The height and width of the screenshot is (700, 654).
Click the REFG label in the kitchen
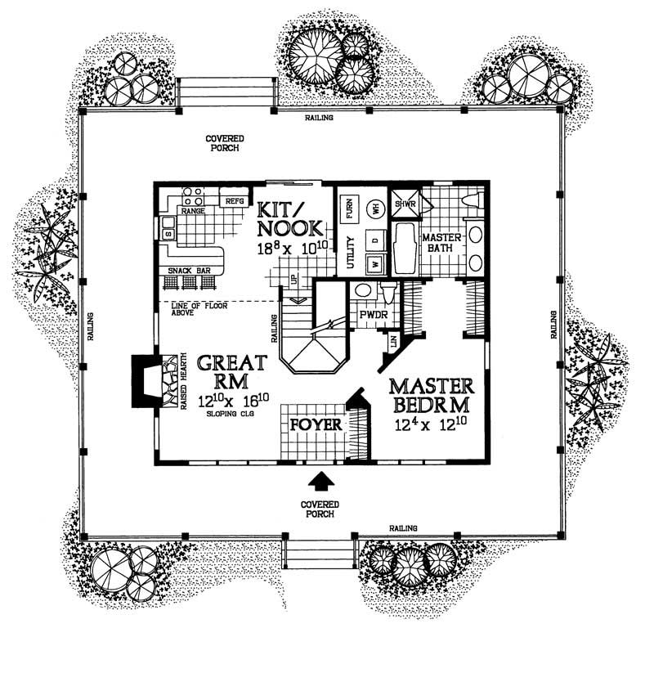234,200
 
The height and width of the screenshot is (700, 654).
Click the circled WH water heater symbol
376,209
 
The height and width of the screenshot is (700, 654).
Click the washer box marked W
374,263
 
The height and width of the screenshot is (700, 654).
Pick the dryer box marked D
376,242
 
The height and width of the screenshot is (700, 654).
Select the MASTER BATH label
442,245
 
